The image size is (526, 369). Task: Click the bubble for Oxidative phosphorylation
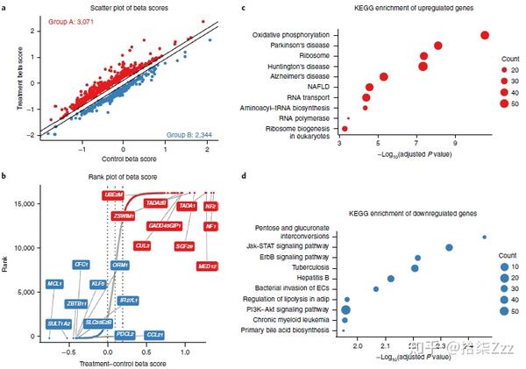coord(485,34)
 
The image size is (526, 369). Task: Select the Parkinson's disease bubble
coord(437,46)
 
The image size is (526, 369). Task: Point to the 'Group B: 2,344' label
coord(194,135)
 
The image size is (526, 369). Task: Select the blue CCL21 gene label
coord(154,334)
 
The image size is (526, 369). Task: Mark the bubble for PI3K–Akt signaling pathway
coord(346,309)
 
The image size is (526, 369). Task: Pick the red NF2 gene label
coord(210,206)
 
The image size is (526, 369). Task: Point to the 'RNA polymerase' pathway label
coord(303,117)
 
